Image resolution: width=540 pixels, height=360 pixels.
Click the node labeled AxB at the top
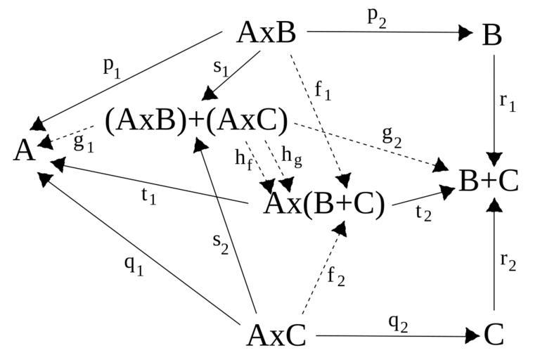tap(266, 32)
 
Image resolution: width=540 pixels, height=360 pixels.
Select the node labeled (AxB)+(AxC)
tap(196, 121)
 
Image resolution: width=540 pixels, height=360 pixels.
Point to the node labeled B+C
tap(489, 181)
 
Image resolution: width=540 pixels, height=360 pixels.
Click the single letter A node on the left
tap(25, 151)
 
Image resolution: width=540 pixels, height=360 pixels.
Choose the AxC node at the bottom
tap(276, 336)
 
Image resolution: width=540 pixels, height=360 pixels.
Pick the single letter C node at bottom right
tap(494, 336)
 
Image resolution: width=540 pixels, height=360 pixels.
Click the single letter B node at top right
tap(492, 35)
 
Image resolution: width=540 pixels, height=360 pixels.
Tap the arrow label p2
tap(377, 18)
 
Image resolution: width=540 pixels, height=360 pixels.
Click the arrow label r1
tap(508, 101)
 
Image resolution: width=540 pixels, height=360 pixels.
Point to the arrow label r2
tap(508, 262)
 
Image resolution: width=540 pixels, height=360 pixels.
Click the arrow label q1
tap(133, 266)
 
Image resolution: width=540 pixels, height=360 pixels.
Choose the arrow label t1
tap(148, 197)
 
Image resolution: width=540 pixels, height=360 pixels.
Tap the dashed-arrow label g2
tap(391, 138)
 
